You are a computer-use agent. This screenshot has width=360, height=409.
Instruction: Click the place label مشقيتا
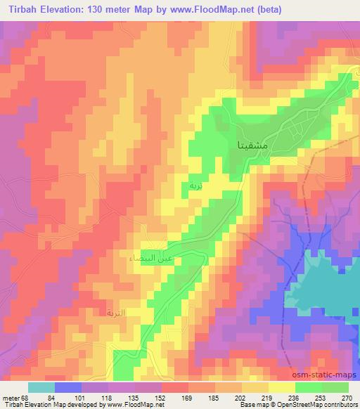point(247,146)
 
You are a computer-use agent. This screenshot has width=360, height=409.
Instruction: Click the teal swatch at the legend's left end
point(41,387)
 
